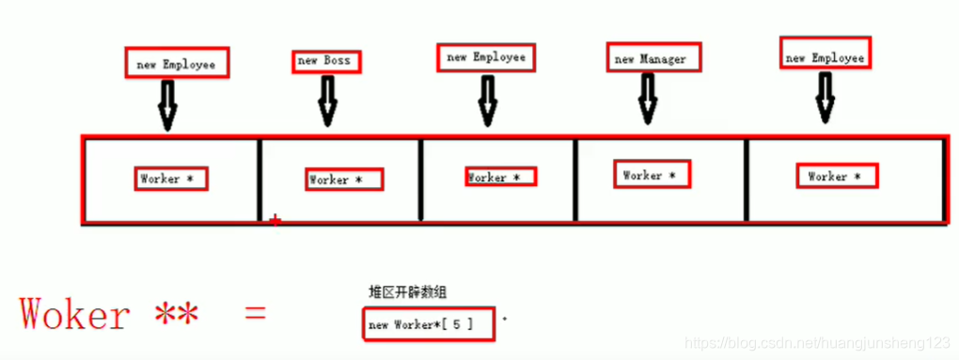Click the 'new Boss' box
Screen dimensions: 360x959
[x=324, y=61]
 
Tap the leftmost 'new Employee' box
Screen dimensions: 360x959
[x=177, y=64]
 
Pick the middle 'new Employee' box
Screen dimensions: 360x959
[x=485, y=57]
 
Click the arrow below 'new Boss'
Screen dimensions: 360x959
[x=326, y=102]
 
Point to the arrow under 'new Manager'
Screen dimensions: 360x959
[x=648, y=99]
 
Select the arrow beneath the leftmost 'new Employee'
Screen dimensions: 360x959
[x=167, y=104]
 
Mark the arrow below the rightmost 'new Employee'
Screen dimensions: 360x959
[x=825, y=97]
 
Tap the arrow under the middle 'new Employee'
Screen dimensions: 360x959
[x=487, y=100]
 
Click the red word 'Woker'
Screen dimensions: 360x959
[x=75, y=313]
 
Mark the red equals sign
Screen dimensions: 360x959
[x=255, y=313]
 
